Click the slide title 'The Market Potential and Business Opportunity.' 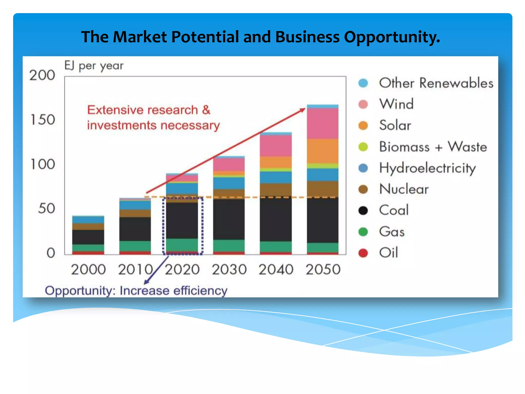click(x=260, y=37)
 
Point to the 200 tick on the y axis click(x=42, y=75)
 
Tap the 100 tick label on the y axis click(x=43, y=164)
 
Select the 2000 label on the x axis click(x=88, y=270)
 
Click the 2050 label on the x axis click(x=323, y=270)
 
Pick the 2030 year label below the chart click(x=229, y=270)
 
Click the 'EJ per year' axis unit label click(x=94, y=66)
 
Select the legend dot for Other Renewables click(x=363, y=83)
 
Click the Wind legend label click(x=396, y=104)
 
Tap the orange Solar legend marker click(x=363, y=125)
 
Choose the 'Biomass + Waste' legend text click(x=433, y=147)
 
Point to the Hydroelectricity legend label click(x=427, y=168)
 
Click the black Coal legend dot click(x=363, y=211)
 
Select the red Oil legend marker click(x=363, y=253)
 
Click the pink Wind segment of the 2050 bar click(x=323, y=123)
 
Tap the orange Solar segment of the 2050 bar click(x=323, y=151)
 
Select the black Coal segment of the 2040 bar click(x=276, y=219)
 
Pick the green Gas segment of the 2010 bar click(x=135, y=246)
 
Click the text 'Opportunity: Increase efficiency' click(x=136, y=291)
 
